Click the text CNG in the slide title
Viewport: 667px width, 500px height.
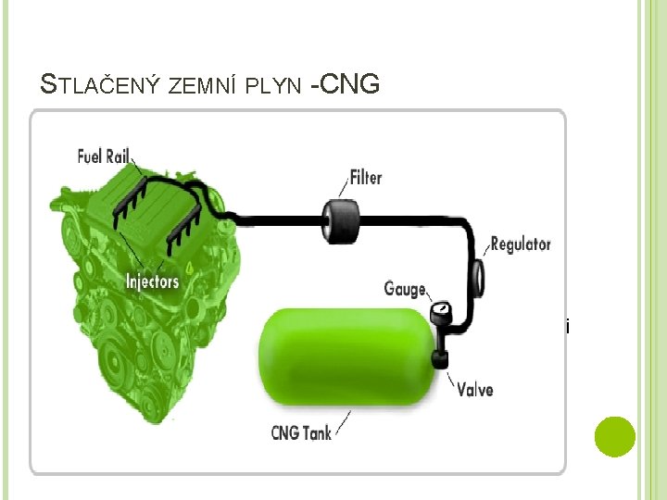[x=350, y=84]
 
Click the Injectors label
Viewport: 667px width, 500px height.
[x=153, y=281]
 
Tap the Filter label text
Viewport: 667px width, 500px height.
[x=365, y=177]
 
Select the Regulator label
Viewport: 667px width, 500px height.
[x=521, y=244]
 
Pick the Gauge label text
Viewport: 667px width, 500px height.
[x=405, y=289]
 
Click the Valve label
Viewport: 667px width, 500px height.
[x=475, y=388]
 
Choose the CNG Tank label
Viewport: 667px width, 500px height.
[x=301, y=431]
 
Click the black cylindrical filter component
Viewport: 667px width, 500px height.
[x=338, y=220]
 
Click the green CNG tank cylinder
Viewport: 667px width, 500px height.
[x=346, y=356]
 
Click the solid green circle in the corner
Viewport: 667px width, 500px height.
[x=614, y=436]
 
